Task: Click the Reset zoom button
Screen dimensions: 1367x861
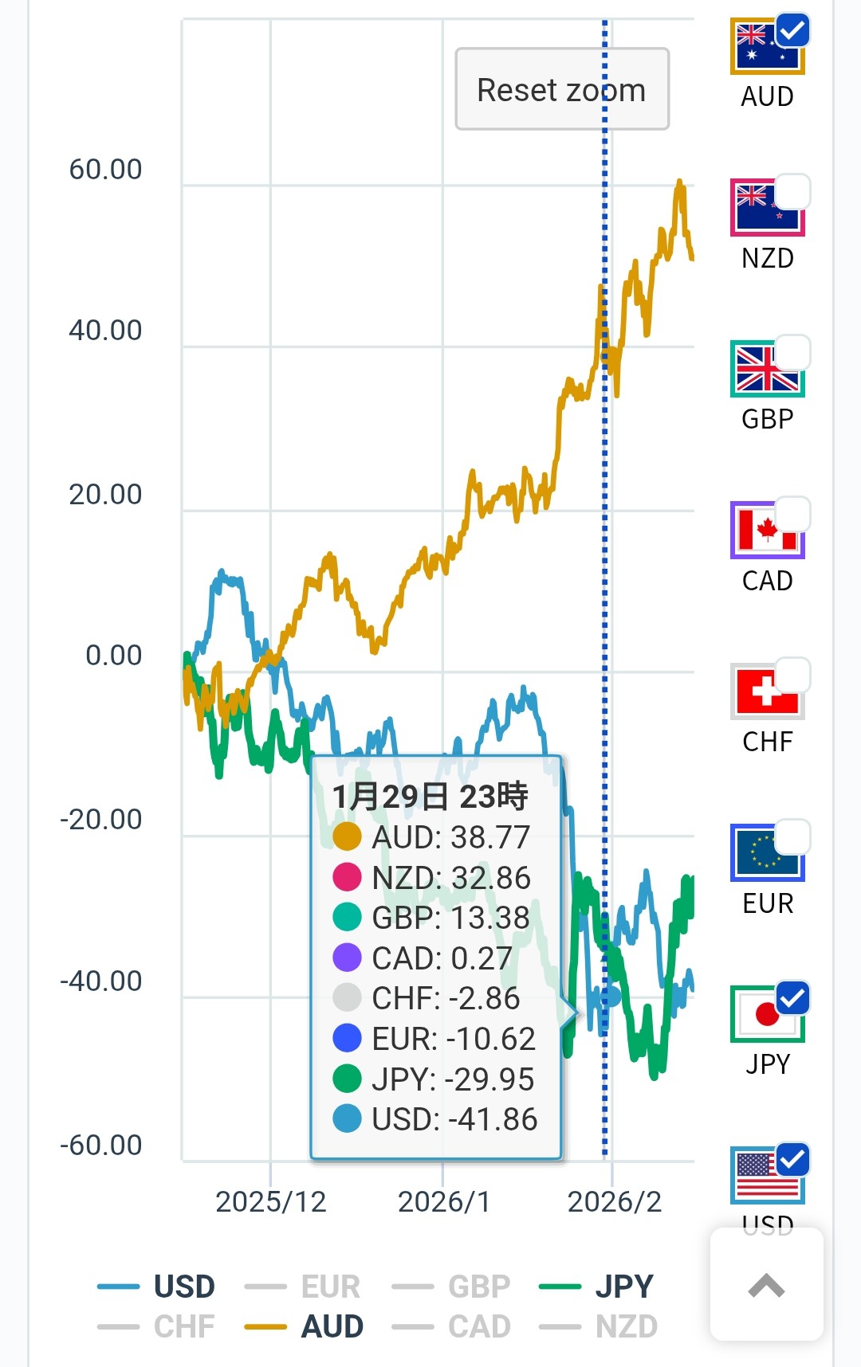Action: pos(561,89)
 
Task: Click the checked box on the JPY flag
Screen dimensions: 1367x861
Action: pos(792,997)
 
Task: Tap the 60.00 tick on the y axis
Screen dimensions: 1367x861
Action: pos(105,169)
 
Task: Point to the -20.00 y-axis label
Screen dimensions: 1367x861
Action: pos(101,819)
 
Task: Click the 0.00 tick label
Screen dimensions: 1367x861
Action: pos(114,655)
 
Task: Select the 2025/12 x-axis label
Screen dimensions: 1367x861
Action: pos(271,1201)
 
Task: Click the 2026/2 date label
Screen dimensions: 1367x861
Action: pos(615,1201)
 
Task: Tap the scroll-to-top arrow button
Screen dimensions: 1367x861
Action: pos(766,1285)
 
